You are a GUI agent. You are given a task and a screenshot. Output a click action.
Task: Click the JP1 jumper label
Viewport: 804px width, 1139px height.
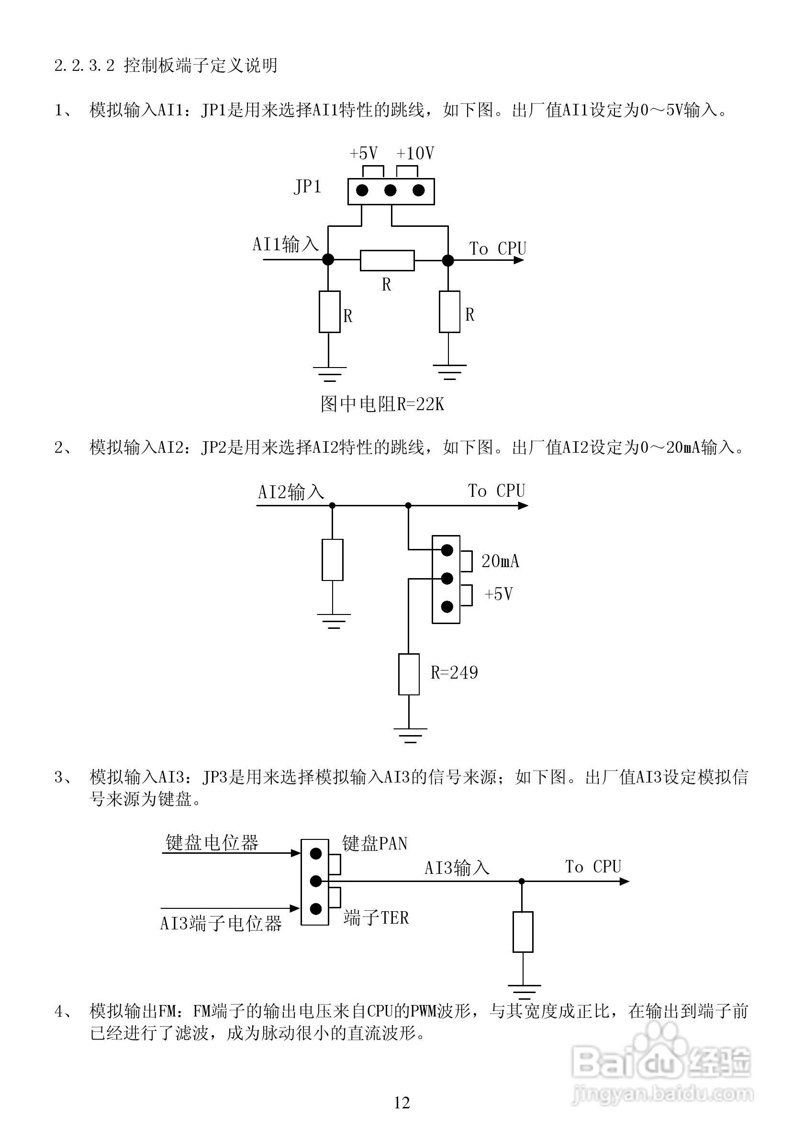[x=308, y=187]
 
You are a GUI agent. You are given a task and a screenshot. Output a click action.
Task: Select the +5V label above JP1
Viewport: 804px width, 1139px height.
[x=364, y=153]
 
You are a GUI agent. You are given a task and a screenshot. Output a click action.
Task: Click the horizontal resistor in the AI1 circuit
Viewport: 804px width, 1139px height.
[x=387, y=260]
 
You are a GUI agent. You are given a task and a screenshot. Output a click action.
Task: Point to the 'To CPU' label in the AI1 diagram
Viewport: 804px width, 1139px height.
[x=498, y=248]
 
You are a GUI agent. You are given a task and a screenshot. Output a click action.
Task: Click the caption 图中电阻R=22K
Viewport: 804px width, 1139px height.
[x=382, y=404]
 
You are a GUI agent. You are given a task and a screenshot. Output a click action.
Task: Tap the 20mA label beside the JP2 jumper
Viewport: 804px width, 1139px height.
[x=500, y=561]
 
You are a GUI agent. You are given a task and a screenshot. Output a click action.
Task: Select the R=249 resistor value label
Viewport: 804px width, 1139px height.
[x=454, y=673]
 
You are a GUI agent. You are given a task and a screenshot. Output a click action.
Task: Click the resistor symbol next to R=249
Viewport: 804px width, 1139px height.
[x=409, y=674]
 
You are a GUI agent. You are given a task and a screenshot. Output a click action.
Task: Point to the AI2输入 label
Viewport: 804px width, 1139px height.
[x=291, y=492]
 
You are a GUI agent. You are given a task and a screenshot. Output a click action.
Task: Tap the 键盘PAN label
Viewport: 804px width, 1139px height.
[x=374, y=843]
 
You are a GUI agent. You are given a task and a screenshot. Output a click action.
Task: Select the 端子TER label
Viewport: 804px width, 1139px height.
[x=376, y=918]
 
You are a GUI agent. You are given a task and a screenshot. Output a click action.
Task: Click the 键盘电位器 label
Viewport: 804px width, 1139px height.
[x=212, y=842]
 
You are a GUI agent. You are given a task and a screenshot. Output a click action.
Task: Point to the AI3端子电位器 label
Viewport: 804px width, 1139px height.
[x=221, y=923]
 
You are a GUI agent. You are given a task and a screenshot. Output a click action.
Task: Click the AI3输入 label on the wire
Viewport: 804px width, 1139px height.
[x=457, y=868]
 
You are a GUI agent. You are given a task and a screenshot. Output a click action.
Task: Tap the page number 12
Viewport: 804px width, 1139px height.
[x=402, y=1103]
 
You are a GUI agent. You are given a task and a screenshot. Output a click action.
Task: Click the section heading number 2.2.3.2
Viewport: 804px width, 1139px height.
[x=84, y=66]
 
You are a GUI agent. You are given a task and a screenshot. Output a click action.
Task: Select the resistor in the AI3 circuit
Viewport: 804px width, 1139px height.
[x=523, y=932]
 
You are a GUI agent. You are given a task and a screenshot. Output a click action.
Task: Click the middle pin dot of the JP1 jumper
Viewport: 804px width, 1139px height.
[x=391, y=190]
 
